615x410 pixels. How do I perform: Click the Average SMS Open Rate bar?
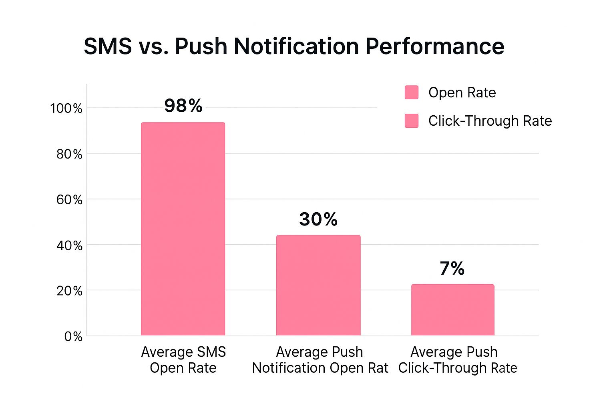click(183, 229)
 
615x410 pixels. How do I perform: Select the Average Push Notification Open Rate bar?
click(318, 285)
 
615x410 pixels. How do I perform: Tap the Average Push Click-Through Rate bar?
click(453, 310)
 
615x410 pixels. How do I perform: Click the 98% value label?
click(183, 106)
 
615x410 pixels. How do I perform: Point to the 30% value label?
click(318, 219)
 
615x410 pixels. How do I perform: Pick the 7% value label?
click(452, 268)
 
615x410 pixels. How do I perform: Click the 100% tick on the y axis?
click(66, 108)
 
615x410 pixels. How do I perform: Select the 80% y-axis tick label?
click(69, 154)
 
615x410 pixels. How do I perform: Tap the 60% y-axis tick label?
click(69, 199)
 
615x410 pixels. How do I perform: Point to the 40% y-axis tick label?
click(69, 245)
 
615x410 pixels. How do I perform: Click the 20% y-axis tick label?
click(69, 291)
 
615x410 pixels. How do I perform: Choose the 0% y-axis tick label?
click(73, 336)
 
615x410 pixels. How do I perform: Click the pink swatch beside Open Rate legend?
click(412, 92)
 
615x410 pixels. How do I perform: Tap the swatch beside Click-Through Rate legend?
click(412, 121)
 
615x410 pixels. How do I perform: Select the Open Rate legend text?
click(462, 92)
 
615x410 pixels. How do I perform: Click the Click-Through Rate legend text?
click(490, 121)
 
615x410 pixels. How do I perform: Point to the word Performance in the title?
click(435, 46)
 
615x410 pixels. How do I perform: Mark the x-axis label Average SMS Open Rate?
click(183, 360)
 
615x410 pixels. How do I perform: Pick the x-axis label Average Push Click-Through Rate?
click(458, 360)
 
